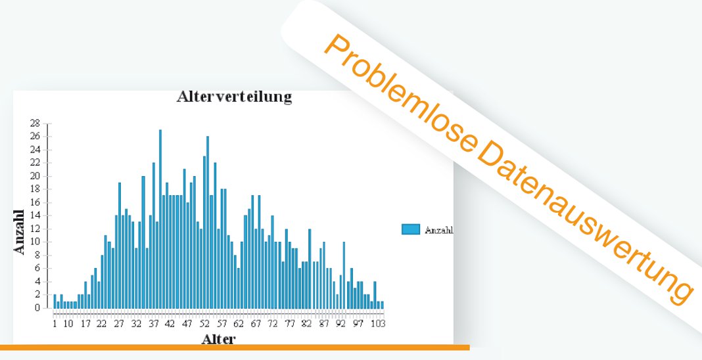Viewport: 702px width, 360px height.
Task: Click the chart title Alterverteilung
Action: point(234,97)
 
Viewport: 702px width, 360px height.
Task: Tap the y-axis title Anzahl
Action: point(20,232)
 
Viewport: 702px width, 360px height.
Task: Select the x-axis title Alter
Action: point(218,339)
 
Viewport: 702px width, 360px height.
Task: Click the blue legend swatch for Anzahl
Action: point(411,229)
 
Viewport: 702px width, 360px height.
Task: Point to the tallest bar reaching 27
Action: point(160,219)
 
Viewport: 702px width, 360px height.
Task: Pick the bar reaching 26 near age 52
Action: point(208,222)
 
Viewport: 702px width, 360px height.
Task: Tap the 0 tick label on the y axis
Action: point(38,308)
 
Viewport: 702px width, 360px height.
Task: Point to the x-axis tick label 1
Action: point(55,324)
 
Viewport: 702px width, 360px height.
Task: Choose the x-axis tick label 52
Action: point(204,324)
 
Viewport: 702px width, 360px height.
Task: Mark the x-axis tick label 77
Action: point(290,324)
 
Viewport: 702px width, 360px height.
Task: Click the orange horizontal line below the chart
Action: point(235,348)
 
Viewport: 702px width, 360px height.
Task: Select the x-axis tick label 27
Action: point(119,324)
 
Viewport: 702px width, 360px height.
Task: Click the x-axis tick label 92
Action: point(341,324)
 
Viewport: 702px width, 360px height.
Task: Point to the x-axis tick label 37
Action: point(153,324)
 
